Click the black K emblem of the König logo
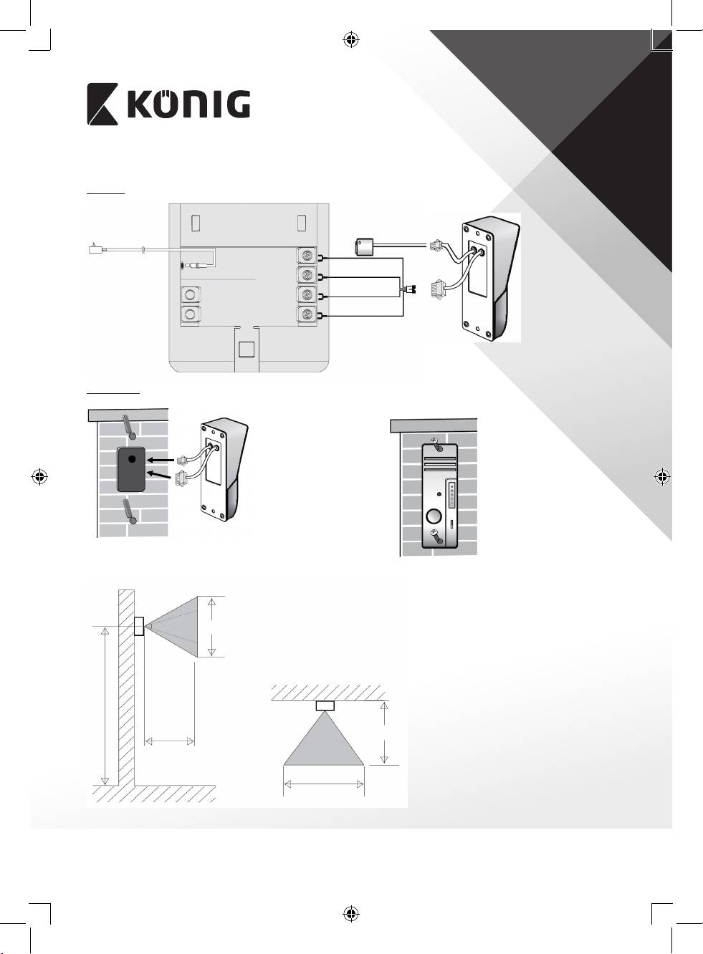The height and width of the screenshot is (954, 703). (102, 104)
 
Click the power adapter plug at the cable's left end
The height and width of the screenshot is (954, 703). (95, 249)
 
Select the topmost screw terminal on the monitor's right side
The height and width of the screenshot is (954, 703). (307, 256)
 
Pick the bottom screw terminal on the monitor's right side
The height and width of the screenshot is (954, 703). (307, 315)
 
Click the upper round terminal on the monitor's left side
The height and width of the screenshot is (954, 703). (190, 294)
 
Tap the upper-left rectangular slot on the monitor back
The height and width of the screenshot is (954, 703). (196, 223)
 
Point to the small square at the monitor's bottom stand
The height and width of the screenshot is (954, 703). (247, 350)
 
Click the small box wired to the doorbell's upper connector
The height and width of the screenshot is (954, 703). (364, 246)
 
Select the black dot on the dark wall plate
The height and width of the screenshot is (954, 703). (132, 458)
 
